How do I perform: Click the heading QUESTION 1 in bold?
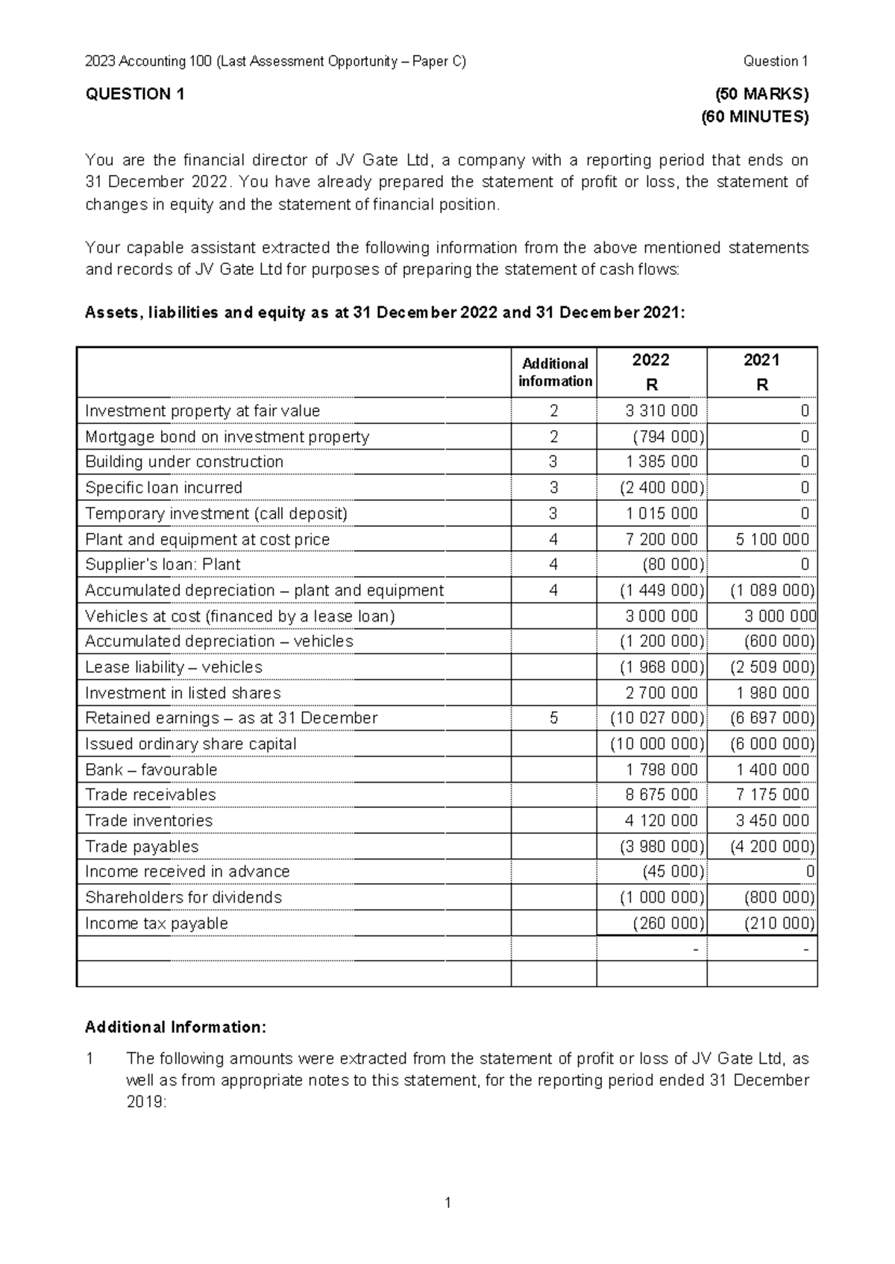click(x=135, y=94)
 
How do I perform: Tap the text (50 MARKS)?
click(x=761, y=94)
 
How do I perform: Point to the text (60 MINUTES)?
click(x=755, y=116)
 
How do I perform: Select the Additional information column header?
click(x=555, y=372)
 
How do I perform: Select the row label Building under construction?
click(x=184, y=462)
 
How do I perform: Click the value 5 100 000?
click(x=772, y=539)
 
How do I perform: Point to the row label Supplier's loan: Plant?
click(x=163, y=565)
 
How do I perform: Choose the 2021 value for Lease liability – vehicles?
click(x=772, y=667)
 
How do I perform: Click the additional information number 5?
click(x=553, y=718)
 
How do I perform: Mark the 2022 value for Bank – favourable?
click(x=662, y=770)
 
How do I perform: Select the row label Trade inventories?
click(x=148, y=821)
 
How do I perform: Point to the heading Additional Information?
click(x=175, y=1027)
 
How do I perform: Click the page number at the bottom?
click(x=447, y=1202)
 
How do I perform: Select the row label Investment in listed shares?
click(x=183, y=693)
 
